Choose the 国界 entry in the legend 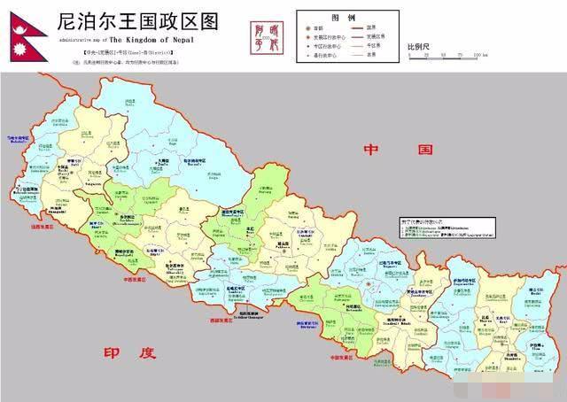362,27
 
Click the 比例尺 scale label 421,45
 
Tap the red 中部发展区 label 342,358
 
